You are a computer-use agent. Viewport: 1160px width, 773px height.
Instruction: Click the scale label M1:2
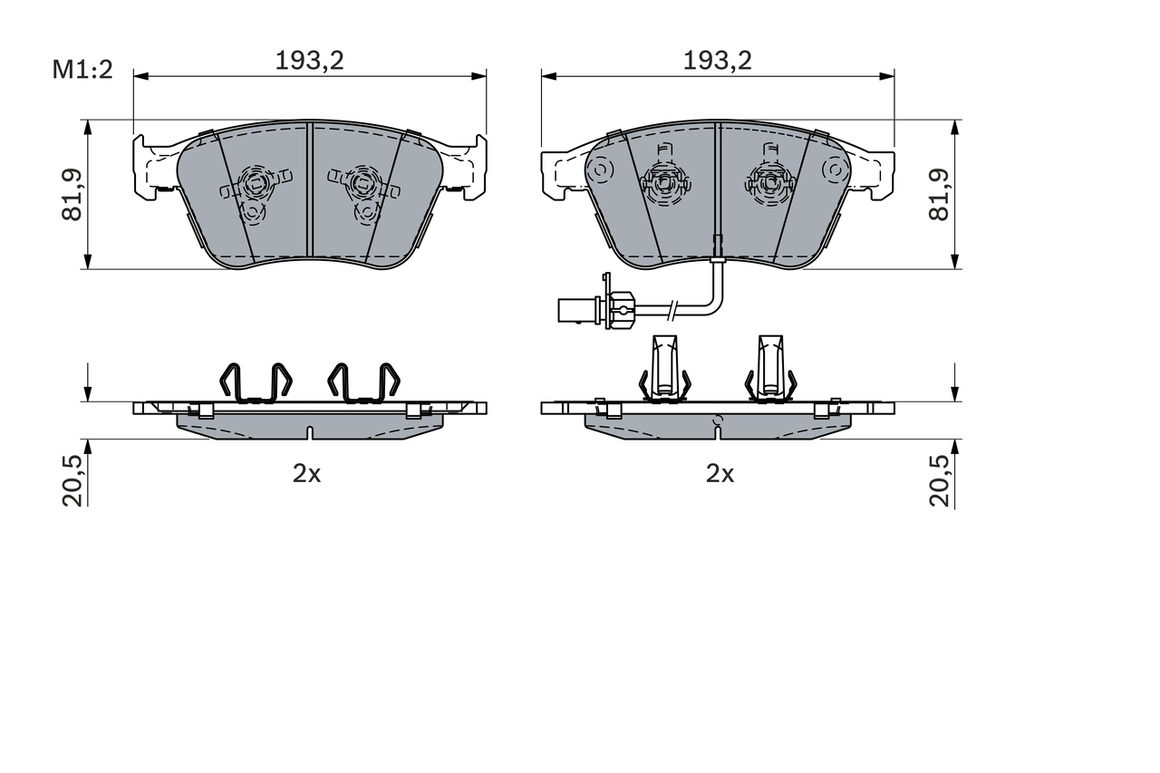(82, 70)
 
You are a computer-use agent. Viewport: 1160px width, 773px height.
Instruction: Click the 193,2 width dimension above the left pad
(310, 61)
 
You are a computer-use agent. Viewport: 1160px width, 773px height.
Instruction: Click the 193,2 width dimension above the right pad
(717, 61)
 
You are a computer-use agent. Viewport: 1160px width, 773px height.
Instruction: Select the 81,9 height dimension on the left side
(72, 194)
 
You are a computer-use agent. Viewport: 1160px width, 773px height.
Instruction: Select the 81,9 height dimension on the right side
(940, 194)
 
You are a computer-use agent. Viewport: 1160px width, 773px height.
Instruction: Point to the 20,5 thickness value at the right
(940, 479)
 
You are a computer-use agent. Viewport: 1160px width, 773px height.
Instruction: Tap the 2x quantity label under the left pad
(306, 474)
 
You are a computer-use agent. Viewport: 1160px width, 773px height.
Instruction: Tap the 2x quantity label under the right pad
(720, 474)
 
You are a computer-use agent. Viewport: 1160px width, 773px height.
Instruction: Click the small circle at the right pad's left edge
(600, 169)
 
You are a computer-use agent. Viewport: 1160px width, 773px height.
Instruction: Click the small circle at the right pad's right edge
(834, 169)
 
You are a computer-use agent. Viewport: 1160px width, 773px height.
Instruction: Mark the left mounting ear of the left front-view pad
(150, 167)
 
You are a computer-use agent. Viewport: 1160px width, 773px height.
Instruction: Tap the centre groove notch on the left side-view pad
(310, 432)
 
